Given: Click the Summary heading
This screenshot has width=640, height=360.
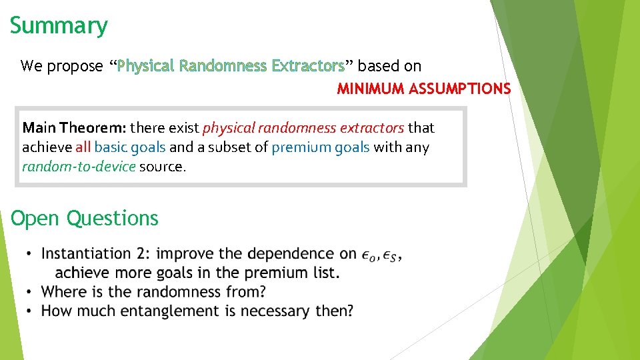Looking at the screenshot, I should click(59, 26).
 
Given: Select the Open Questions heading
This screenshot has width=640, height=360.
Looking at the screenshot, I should click(85, 219).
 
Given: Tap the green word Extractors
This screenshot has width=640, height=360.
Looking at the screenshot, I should click(307, 66).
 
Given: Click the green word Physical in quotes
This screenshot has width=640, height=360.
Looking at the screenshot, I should click(145, 66).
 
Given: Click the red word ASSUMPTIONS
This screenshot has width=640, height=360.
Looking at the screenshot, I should click(460, 89).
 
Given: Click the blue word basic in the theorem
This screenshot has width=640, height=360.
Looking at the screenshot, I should click(111, 147).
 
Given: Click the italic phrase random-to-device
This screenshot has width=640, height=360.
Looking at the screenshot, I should click(79, 167).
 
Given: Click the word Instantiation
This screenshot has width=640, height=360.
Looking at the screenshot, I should click(86, 254).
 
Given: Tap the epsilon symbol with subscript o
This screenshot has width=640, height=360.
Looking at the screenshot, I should click(369, 255).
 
